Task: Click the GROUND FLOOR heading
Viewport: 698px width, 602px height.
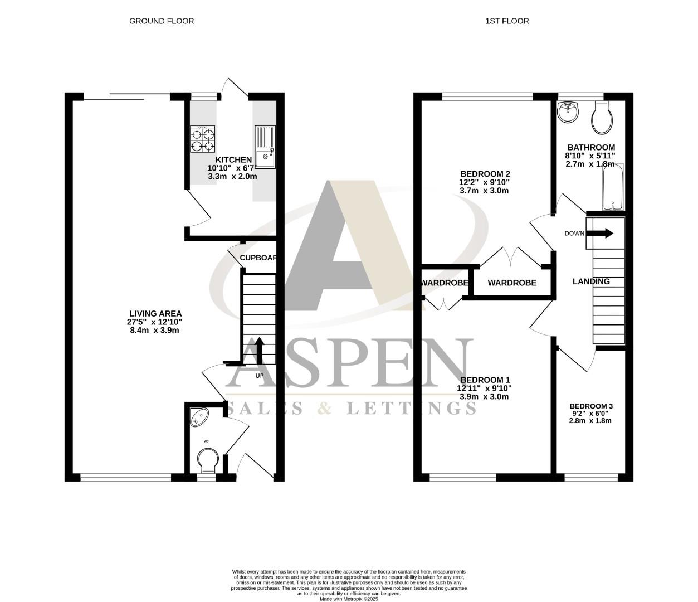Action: pyautogui.click(x=162, y=21)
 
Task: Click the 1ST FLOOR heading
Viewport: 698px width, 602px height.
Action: pyautogui.click(x=507, y=21)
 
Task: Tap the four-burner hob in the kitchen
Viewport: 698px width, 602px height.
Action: pyautogui.click(x=203, y=139)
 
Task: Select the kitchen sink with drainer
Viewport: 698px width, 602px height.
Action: pyautogui.click(x=265, y=147)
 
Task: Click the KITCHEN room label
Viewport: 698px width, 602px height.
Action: pyautogui.click(x=233, y=160)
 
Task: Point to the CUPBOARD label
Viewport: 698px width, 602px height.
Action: pyautogui.click(x=258, y=258)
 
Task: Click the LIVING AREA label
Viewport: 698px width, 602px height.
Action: pyautogui.click(x=155, y=314)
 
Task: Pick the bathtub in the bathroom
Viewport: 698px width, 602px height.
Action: pyautogui.click(x=613, y=187)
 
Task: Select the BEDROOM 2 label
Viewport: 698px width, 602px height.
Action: pyautogui.click(x=485, y=173)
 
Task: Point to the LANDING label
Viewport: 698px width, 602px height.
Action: pyautogui.click(x=591, y=281)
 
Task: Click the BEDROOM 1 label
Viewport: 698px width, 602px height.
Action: pyautogui.click(x=484, y=380)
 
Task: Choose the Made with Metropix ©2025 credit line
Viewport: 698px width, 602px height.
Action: pyautogui.click(x=349, y=599)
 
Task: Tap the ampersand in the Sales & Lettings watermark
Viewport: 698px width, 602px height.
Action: pyautogui.click(x=324, y=409)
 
